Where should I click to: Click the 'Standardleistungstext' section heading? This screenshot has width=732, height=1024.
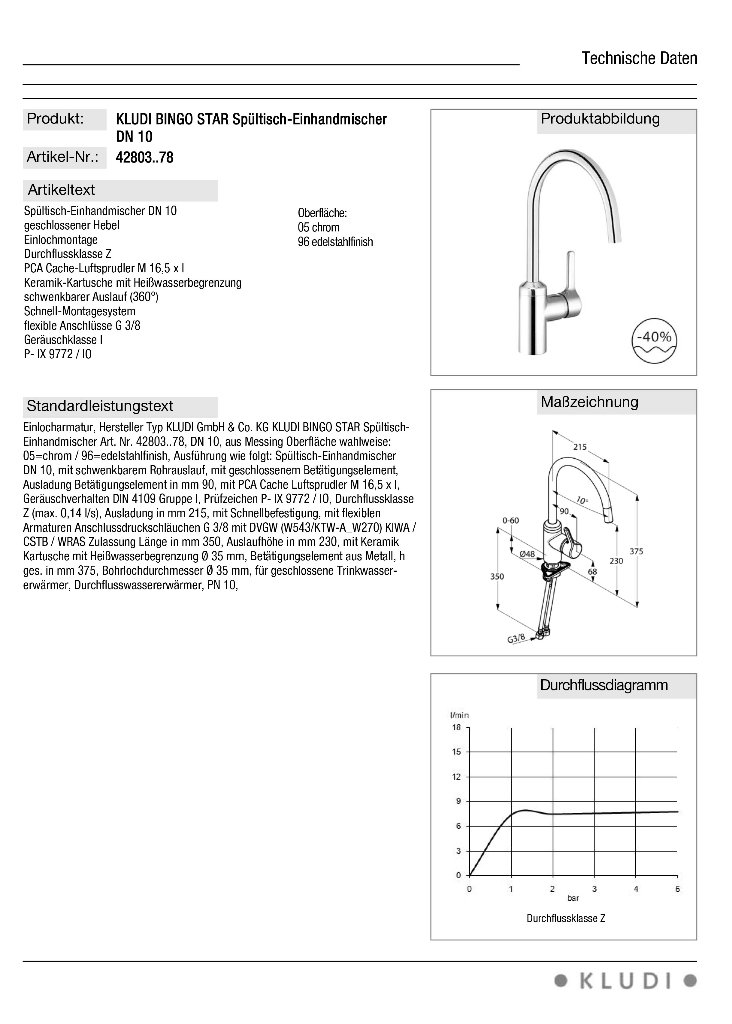coord(100,406)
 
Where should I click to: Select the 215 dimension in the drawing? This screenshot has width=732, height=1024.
coord(580,447)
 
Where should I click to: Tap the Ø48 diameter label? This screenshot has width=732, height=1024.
coord(527,554)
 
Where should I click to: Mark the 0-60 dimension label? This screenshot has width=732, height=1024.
coord(511,520)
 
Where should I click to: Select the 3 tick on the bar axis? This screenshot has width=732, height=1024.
coord(594,889)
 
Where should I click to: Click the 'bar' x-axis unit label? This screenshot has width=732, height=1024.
coord(573,898)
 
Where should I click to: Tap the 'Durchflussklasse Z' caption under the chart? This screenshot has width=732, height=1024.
coord(566,919)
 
